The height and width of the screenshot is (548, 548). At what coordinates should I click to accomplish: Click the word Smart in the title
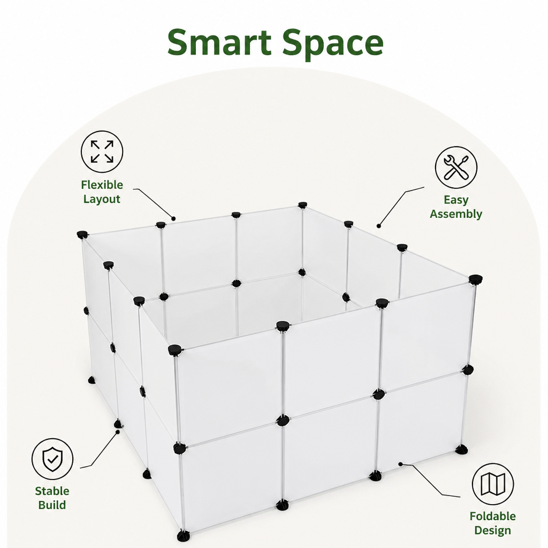coord(219,42)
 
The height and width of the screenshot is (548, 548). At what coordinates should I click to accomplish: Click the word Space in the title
coord(333,43)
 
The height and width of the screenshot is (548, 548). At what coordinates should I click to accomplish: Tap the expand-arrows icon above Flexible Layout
coord(102,151)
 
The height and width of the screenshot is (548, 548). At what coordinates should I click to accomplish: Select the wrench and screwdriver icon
coord(456,168)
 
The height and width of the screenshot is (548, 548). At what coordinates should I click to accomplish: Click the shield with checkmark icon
coord(52,459)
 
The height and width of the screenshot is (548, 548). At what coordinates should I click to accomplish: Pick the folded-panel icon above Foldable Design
coord(493,484)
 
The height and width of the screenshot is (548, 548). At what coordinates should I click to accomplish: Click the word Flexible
coord(102,185)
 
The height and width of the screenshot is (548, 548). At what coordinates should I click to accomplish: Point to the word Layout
coord(102,199)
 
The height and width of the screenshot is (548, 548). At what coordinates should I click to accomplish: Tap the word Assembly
coord(456,214)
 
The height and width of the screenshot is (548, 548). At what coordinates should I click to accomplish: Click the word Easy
coord(456,200)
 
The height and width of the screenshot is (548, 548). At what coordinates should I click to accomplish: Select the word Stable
coord(52,491)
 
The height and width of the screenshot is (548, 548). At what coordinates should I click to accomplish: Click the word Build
coord(52,505)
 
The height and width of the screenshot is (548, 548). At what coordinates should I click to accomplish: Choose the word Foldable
coord(493,516)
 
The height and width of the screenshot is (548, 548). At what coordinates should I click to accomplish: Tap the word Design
coord(493,530)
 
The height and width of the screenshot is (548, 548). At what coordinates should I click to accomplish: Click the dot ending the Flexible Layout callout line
coord(173,219)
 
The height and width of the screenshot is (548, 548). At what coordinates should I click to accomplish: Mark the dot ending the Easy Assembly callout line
coord(379,226)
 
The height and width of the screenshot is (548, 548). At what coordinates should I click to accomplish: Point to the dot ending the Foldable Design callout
coord(400,464)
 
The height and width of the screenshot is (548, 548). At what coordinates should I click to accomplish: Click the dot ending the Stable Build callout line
coord(118,432)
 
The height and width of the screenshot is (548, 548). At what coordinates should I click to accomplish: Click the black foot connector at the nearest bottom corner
coord(184,536)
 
